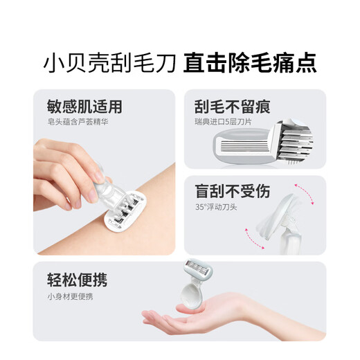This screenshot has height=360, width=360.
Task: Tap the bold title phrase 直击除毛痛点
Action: tap(250, 62)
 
